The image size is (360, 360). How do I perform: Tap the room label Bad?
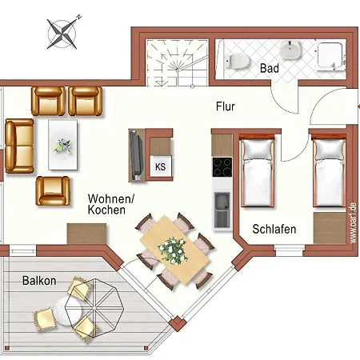tap(269, 69)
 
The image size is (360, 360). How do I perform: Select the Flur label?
tap(226, 106)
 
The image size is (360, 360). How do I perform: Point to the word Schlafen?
tap(274, 230)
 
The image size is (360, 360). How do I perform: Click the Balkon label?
tap(38, 281)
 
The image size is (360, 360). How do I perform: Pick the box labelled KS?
tap(160, 166)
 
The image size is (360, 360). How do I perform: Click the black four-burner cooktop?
tap(222, 168)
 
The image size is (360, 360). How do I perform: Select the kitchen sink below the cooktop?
tap(222, 206)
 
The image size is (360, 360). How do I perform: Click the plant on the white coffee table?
tap(63, 145)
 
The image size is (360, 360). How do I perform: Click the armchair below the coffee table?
tap(53, 190)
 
